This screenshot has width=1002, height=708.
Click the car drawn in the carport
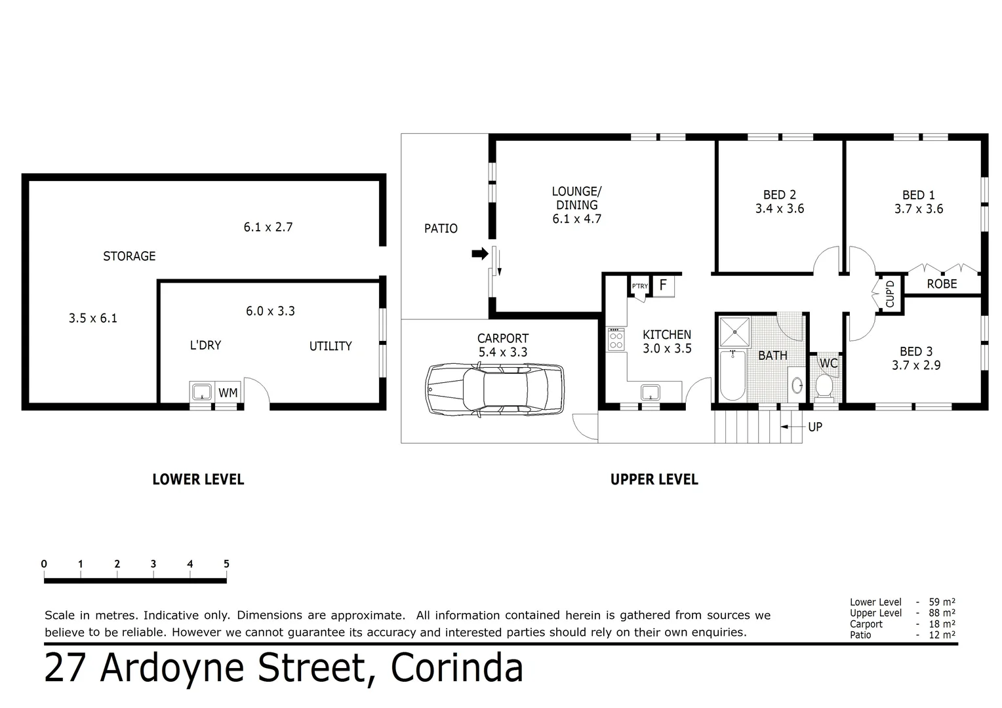494,390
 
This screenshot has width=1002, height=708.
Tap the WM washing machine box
228,393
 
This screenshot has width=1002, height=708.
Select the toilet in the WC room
824,386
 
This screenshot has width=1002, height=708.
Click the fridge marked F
663,285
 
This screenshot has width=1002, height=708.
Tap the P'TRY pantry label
639,286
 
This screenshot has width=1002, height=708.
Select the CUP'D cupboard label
890,294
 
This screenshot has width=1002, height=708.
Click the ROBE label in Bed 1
941,284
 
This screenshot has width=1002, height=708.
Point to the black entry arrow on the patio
480,254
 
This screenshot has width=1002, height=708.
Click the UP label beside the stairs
814,427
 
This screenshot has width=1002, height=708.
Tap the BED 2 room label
779,195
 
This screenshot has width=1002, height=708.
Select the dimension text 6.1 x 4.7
576,219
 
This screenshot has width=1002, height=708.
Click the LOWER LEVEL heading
198,479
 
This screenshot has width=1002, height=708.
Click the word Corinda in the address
457,668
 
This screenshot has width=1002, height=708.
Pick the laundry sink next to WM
201,392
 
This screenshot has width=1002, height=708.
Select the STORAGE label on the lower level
129,256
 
